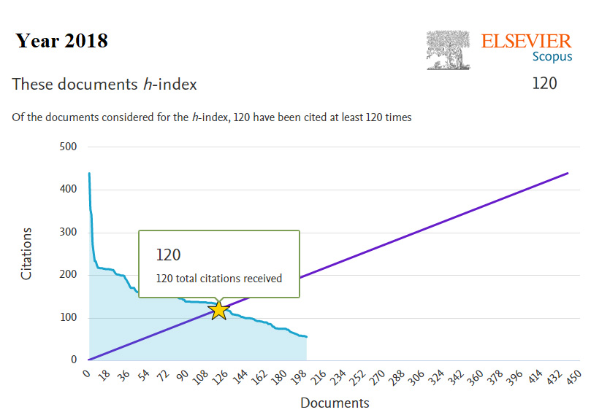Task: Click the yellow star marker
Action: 218,310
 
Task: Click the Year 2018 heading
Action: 62,41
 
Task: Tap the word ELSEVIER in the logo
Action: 526,41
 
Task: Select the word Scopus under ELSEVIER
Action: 552,56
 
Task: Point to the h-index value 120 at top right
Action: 544,83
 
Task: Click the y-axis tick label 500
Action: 67,147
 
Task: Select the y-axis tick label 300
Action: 67,233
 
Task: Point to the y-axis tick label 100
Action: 67,318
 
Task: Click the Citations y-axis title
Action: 26,254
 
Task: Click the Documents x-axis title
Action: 335,403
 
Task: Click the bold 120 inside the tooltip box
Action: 168,255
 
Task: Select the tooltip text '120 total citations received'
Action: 218,278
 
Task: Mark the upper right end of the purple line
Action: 568,173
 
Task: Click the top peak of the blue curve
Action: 89,174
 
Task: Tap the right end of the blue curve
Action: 306,337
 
